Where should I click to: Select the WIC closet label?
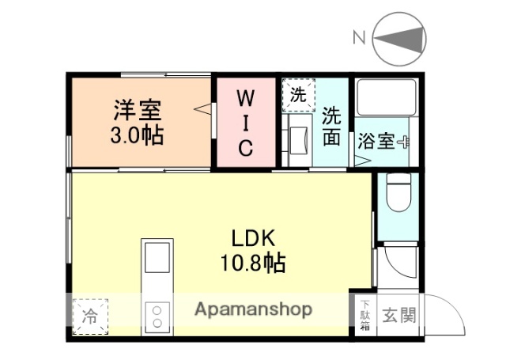tap(246, 123)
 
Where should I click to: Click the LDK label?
tap(253, 237)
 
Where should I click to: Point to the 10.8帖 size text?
tap(253, 262)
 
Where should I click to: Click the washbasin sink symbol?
tap(301, 142)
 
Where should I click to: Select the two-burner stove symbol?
tap(157, 316)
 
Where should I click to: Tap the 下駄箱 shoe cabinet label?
tap(365, 314)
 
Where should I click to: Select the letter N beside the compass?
tap(359, 37)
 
